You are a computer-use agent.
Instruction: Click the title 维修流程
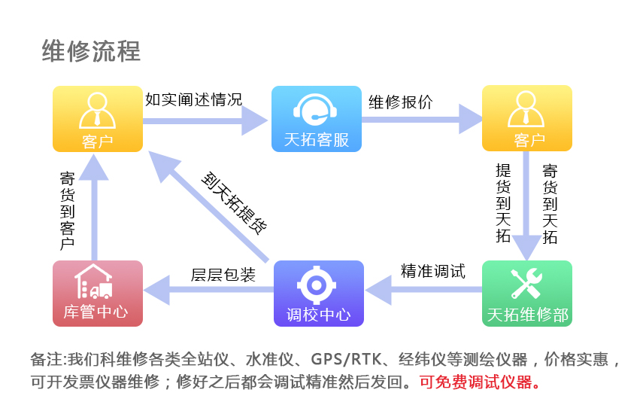(91, 51)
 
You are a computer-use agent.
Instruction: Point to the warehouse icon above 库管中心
(96, 282)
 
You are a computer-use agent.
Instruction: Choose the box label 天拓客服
(317, 140)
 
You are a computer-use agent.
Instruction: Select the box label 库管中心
(96, 313)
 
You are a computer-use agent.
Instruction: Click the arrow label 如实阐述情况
(193, 99)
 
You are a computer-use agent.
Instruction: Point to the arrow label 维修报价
(400, 103)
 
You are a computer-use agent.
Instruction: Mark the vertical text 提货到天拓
(503, 203)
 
